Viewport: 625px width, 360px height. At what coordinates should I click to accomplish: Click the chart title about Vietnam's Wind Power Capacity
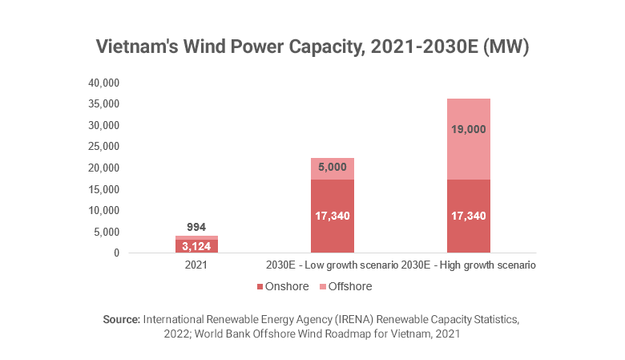pyautogui.click(x=312, y=47)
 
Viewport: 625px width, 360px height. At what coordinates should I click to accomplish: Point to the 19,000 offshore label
pyautogui.click(x=470, y=128)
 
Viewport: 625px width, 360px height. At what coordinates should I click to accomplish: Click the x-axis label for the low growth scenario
pyautogui.click(x=332, y=265)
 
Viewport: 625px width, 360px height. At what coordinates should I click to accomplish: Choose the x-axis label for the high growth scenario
pyautogui.click(x=469, y=265)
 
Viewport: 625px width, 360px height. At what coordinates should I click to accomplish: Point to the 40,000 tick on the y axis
pyautogui.click(x=103, y=83)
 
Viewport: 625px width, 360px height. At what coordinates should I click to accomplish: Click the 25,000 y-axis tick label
pyautogui.click(x=103, y=147)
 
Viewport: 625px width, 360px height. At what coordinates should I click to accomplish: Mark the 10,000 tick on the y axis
pyautogui.click(x=103, y=210)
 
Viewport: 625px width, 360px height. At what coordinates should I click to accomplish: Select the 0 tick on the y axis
pyautogui.click(x=115, y=253)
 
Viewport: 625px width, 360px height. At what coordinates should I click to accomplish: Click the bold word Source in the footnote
pyautogui.click(x=122, y=319)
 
